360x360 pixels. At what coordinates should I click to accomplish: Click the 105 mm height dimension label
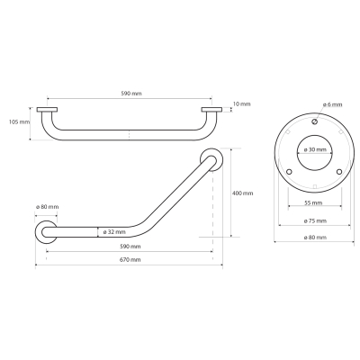click(20, 122)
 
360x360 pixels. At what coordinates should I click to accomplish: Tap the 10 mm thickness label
click(241, 104)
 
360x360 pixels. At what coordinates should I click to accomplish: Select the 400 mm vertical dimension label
click(243, 193)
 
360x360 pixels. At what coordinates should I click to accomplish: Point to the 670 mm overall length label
click(130, 260)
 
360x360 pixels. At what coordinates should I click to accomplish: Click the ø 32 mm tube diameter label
click(114, 232)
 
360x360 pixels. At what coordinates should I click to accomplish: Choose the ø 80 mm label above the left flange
click(47, 207)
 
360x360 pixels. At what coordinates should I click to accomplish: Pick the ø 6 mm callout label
click(332, 104)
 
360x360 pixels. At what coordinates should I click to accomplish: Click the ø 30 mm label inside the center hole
click(314, 149)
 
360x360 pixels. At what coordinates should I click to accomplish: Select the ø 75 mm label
click(315, 221)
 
